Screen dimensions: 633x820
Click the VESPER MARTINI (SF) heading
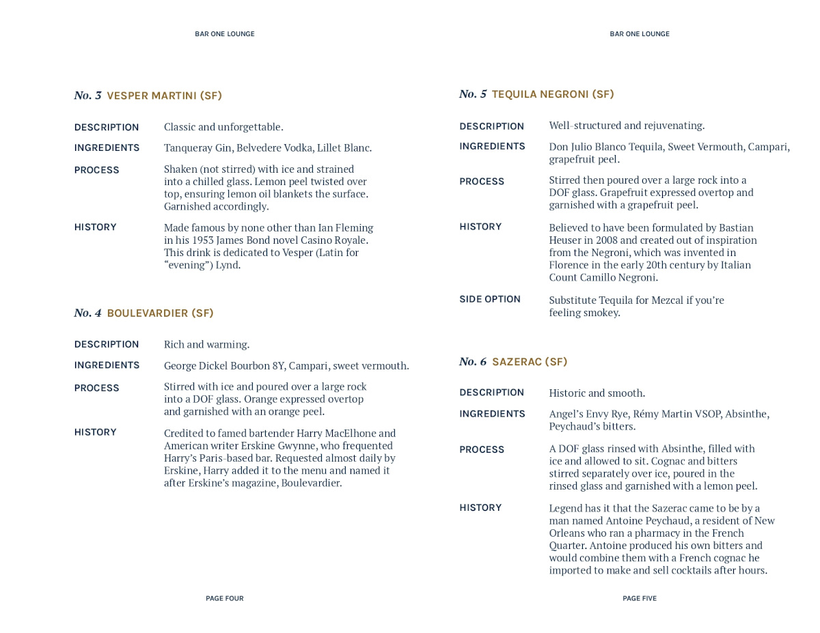(164, 96)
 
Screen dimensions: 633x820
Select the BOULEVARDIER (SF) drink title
(160, 313)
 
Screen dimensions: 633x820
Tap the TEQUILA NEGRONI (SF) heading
(552, 94)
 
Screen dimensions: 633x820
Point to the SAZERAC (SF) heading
(530, 362)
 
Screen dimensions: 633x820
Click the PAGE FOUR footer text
(224, 598)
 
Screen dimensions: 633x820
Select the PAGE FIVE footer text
(639, 598)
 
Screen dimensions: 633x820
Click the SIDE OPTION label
(489, 299)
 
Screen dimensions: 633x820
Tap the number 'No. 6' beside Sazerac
(473, 362)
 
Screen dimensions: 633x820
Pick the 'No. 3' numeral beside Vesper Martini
(87, 96)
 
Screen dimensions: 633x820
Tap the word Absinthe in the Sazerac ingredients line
(746, 414)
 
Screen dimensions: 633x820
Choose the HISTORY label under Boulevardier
(95, 432)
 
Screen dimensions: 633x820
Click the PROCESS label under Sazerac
(482, 450)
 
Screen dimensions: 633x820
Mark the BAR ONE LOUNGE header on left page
(224, 34)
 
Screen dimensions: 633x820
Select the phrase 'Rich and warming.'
(206, 345)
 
